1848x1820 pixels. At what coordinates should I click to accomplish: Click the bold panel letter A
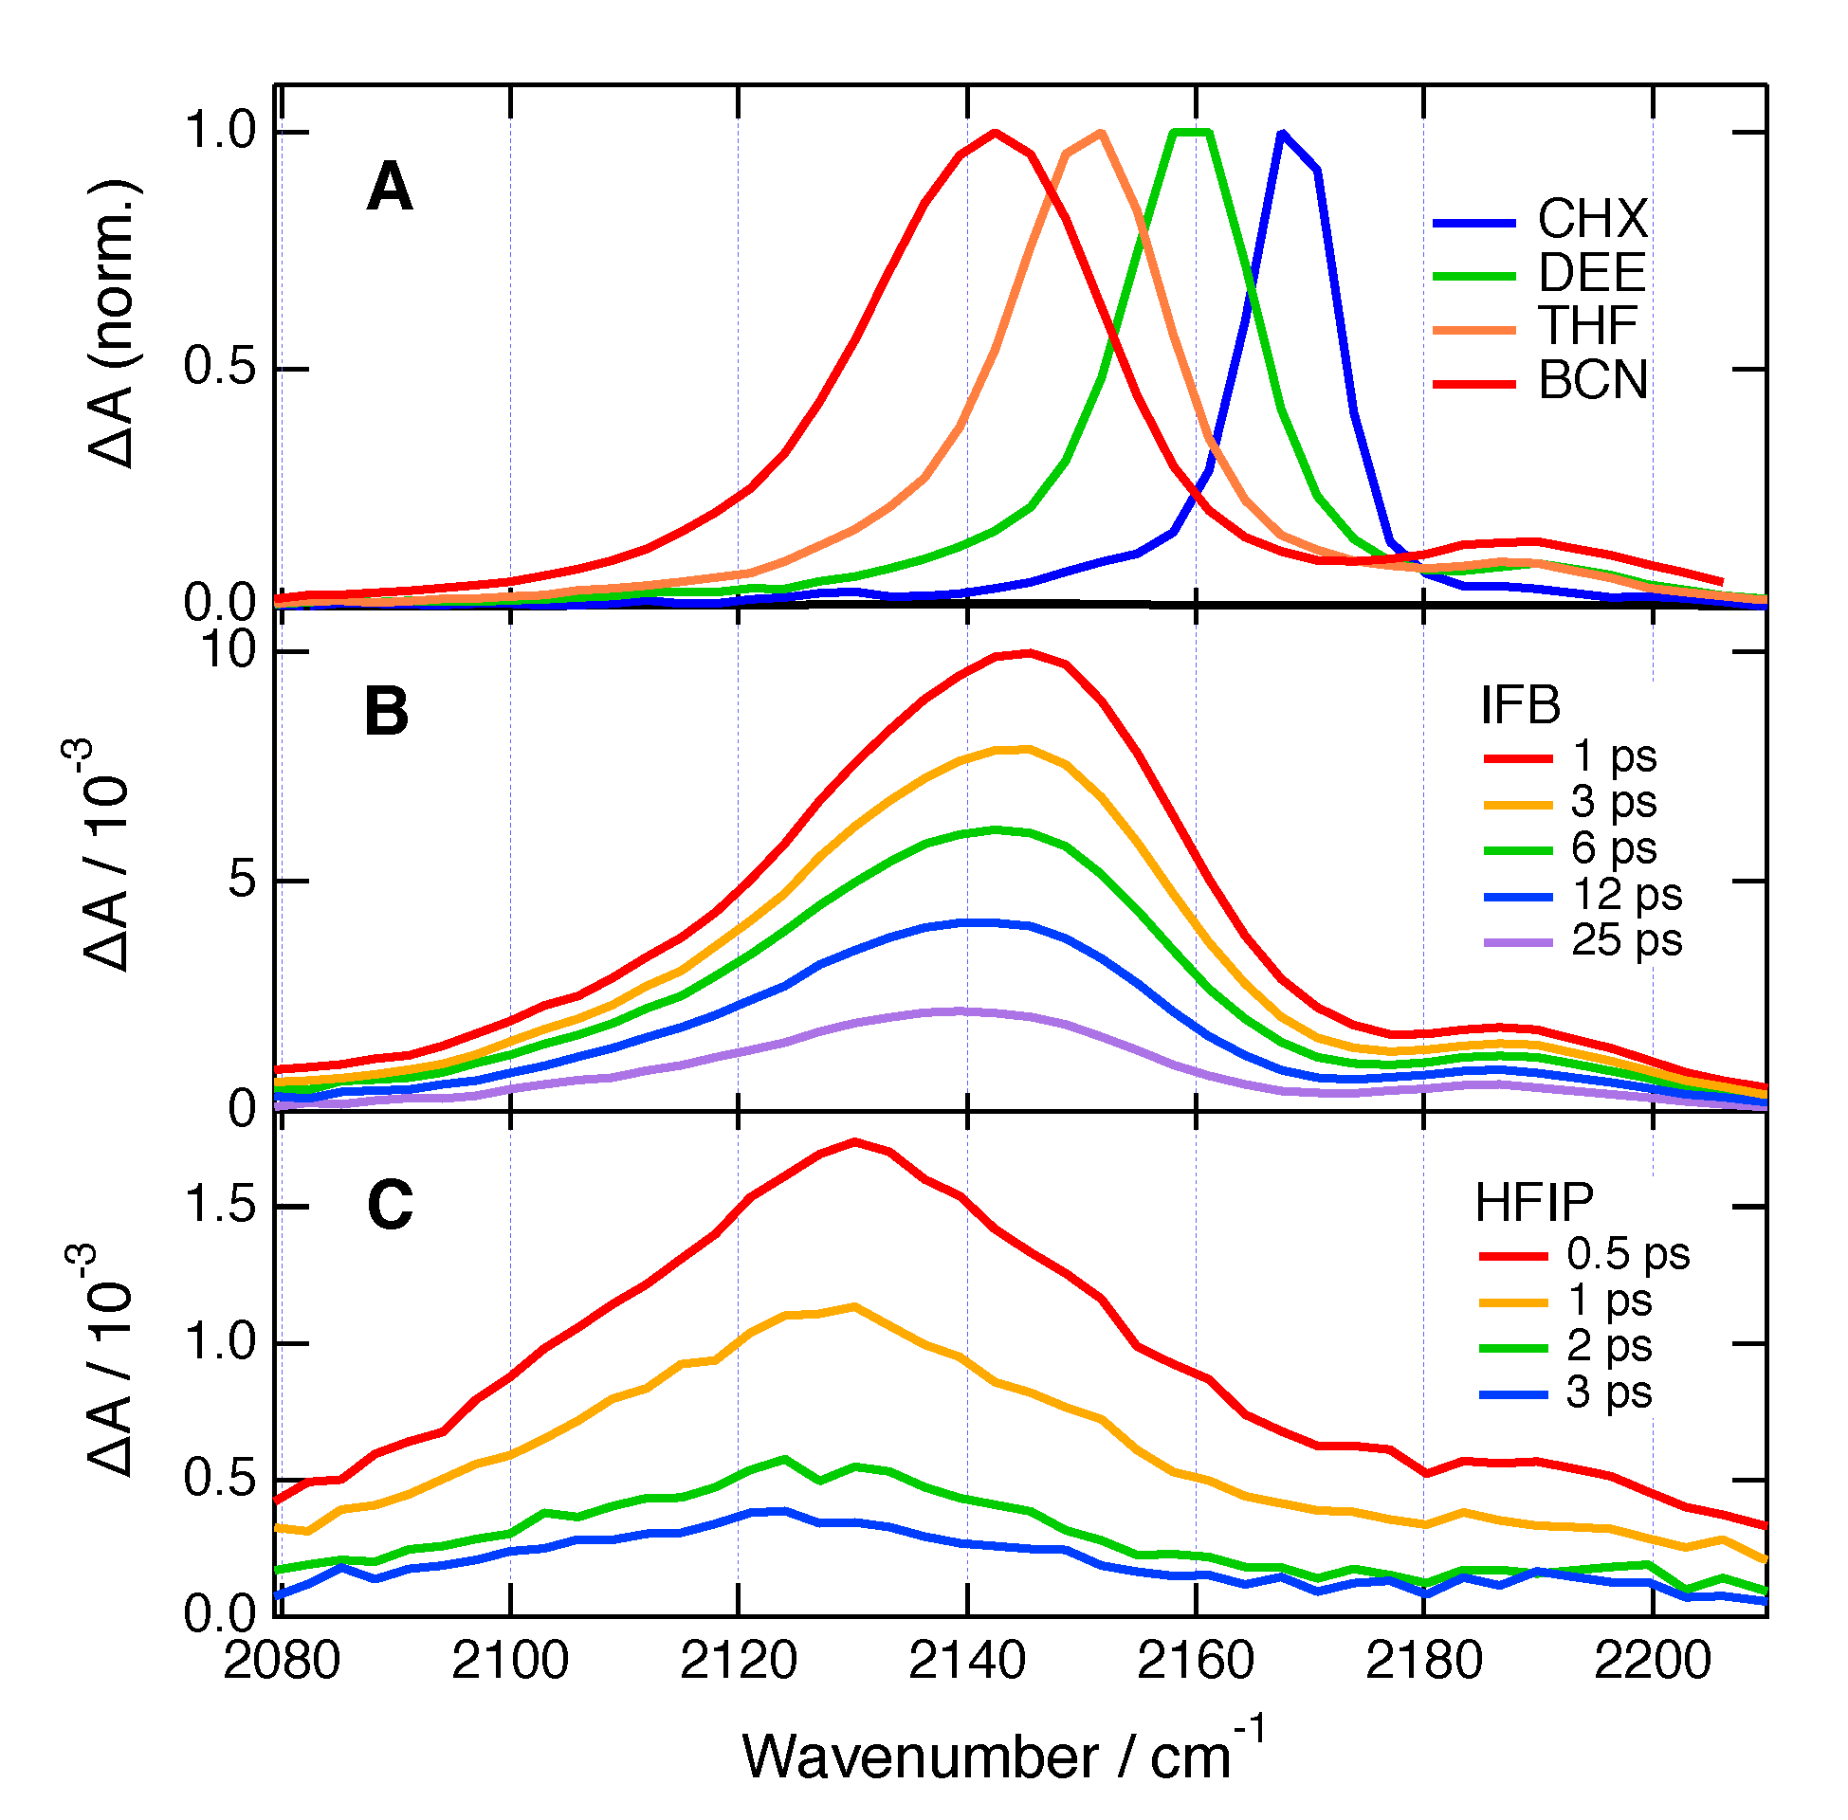389,188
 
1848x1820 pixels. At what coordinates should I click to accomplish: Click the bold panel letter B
386,712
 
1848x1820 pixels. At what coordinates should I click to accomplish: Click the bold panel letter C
389,1206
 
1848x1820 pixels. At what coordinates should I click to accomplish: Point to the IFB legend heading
1519,706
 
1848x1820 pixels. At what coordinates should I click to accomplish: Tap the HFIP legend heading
1533,1203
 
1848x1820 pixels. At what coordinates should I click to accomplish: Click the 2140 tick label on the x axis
966,1661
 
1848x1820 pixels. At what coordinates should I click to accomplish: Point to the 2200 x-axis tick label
1652,1661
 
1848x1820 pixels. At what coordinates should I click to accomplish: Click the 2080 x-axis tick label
281,1661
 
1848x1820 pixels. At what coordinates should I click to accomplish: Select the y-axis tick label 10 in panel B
229,651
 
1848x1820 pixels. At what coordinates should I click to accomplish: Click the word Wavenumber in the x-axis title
920,1756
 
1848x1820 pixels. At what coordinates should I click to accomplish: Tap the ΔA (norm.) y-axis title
113,323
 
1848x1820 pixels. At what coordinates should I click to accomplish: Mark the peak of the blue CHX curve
1281,134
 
